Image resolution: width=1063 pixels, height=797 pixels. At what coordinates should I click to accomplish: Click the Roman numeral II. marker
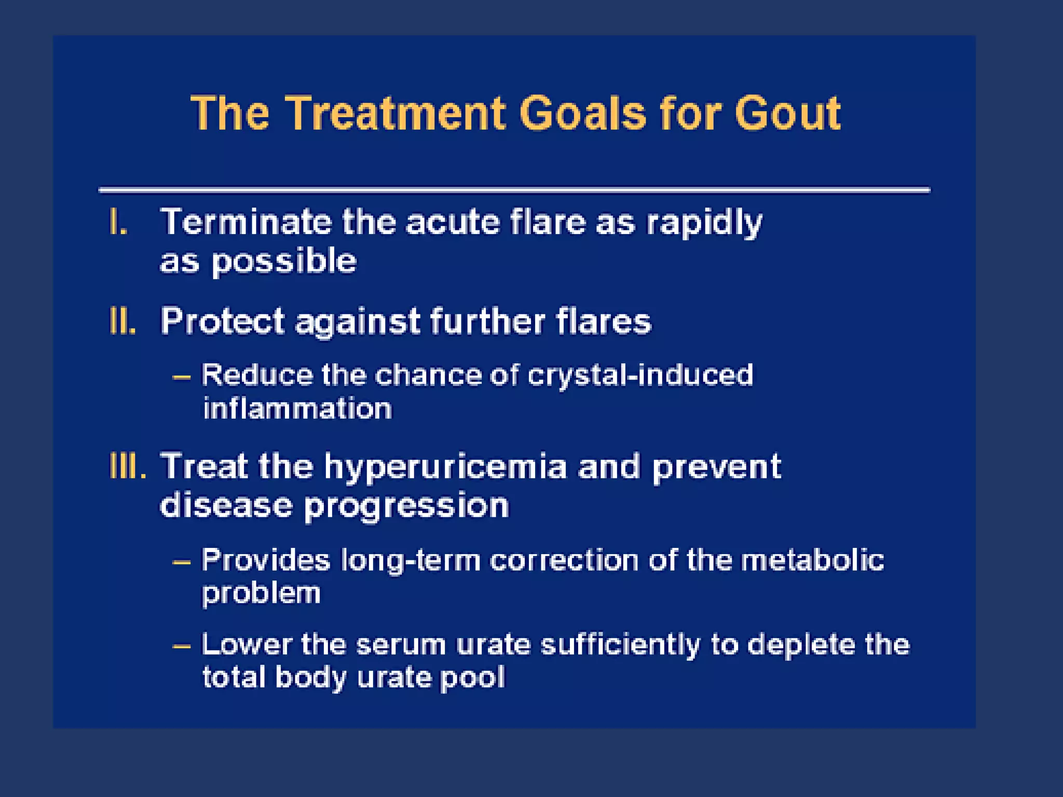(123, 321)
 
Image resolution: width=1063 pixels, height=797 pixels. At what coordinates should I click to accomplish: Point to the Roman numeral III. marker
(128, 466)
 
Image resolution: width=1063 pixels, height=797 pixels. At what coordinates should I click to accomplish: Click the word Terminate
(246, 222)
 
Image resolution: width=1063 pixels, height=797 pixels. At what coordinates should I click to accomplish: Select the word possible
(284, 261)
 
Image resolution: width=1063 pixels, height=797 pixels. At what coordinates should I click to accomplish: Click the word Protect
(223, 321)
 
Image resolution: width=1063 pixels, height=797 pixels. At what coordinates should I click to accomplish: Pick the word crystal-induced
(640, 375)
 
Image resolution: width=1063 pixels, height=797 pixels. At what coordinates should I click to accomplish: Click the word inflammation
(297, 409)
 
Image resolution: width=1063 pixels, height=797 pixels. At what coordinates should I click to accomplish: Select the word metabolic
(812, 560)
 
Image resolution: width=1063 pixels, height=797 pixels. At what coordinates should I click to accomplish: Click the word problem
(261, 593)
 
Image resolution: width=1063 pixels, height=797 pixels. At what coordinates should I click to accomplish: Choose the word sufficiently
(620, 645)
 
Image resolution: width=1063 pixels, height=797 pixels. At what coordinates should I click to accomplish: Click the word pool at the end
(472, 678)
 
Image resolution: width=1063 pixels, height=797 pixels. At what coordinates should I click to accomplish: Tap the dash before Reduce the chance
(182, 377)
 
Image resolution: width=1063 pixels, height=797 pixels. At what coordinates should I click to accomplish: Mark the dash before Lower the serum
(182, 647)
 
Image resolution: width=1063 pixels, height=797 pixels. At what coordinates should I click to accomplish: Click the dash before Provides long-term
(182, 562)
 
